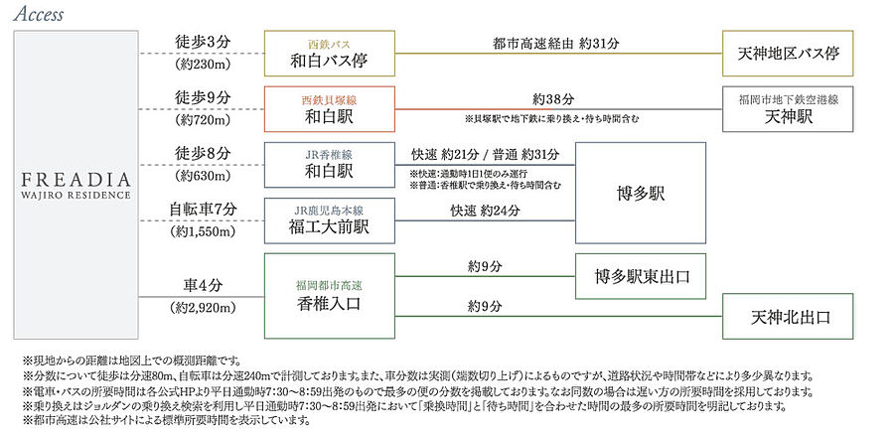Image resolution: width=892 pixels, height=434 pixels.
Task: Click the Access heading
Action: click(x=41, y=14)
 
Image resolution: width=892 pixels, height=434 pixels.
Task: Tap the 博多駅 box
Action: click(x=641, y=193)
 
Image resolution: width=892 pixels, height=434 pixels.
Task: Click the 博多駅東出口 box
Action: click(x=641, y=275)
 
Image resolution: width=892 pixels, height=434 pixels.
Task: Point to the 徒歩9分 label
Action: click(x=203, y=98)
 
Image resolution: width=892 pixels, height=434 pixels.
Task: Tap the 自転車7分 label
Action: click(x=203, y=210)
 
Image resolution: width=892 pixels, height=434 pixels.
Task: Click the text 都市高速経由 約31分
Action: click(x=556, y=44)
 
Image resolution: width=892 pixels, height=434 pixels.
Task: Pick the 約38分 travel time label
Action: click(x=553, y=99)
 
